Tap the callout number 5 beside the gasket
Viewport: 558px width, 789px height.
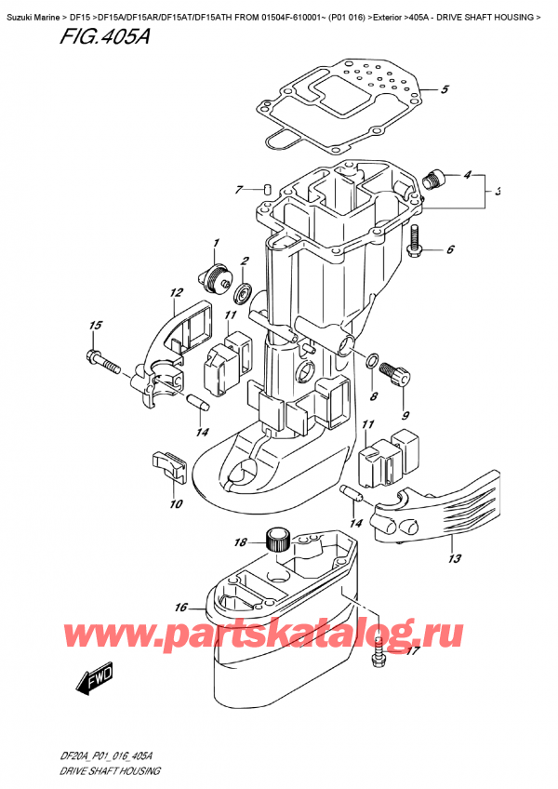click(x=445, y=90)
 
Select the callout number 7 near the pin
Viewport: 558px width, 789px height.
click(x=239, y=190)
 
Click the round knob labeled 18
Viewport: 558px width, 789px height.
click(x=275, y=538)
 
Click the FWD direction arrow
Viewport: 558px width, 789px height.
click(x=89, y=685)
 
